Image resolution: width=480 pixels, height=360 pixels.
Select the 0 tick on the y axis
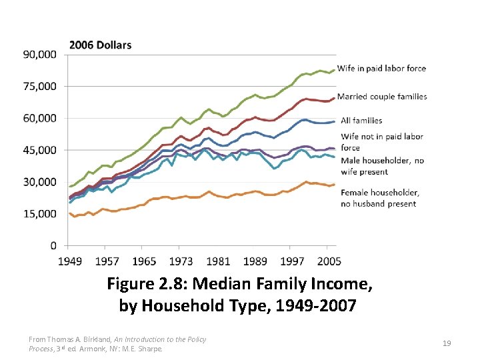point(53,246)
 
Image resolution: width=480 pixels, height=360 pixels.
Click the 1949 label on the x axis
point(71,261)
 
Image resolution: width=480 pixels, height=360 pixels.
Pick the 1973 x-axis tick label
point(181,261)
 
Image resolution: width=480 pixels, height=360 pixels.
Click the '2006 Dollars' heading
point(100,45)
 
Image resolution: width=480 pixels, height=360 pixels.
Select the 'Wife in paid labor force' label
point(381,69)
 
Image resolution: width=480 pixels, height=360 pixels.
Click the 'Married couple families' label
point(382,97)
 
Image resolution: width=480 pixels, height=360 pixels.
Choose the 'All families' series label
point(361,121)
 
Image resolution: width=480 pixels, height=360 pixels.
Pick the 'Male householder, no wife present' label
point(382,166)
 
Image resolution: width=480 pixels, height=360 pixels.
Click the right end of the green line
point(335,69)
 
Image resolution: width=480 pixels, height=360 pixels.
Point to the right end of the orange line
point(335,185)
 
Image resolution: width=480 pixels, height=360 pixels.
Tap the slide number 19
point(447,343)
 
